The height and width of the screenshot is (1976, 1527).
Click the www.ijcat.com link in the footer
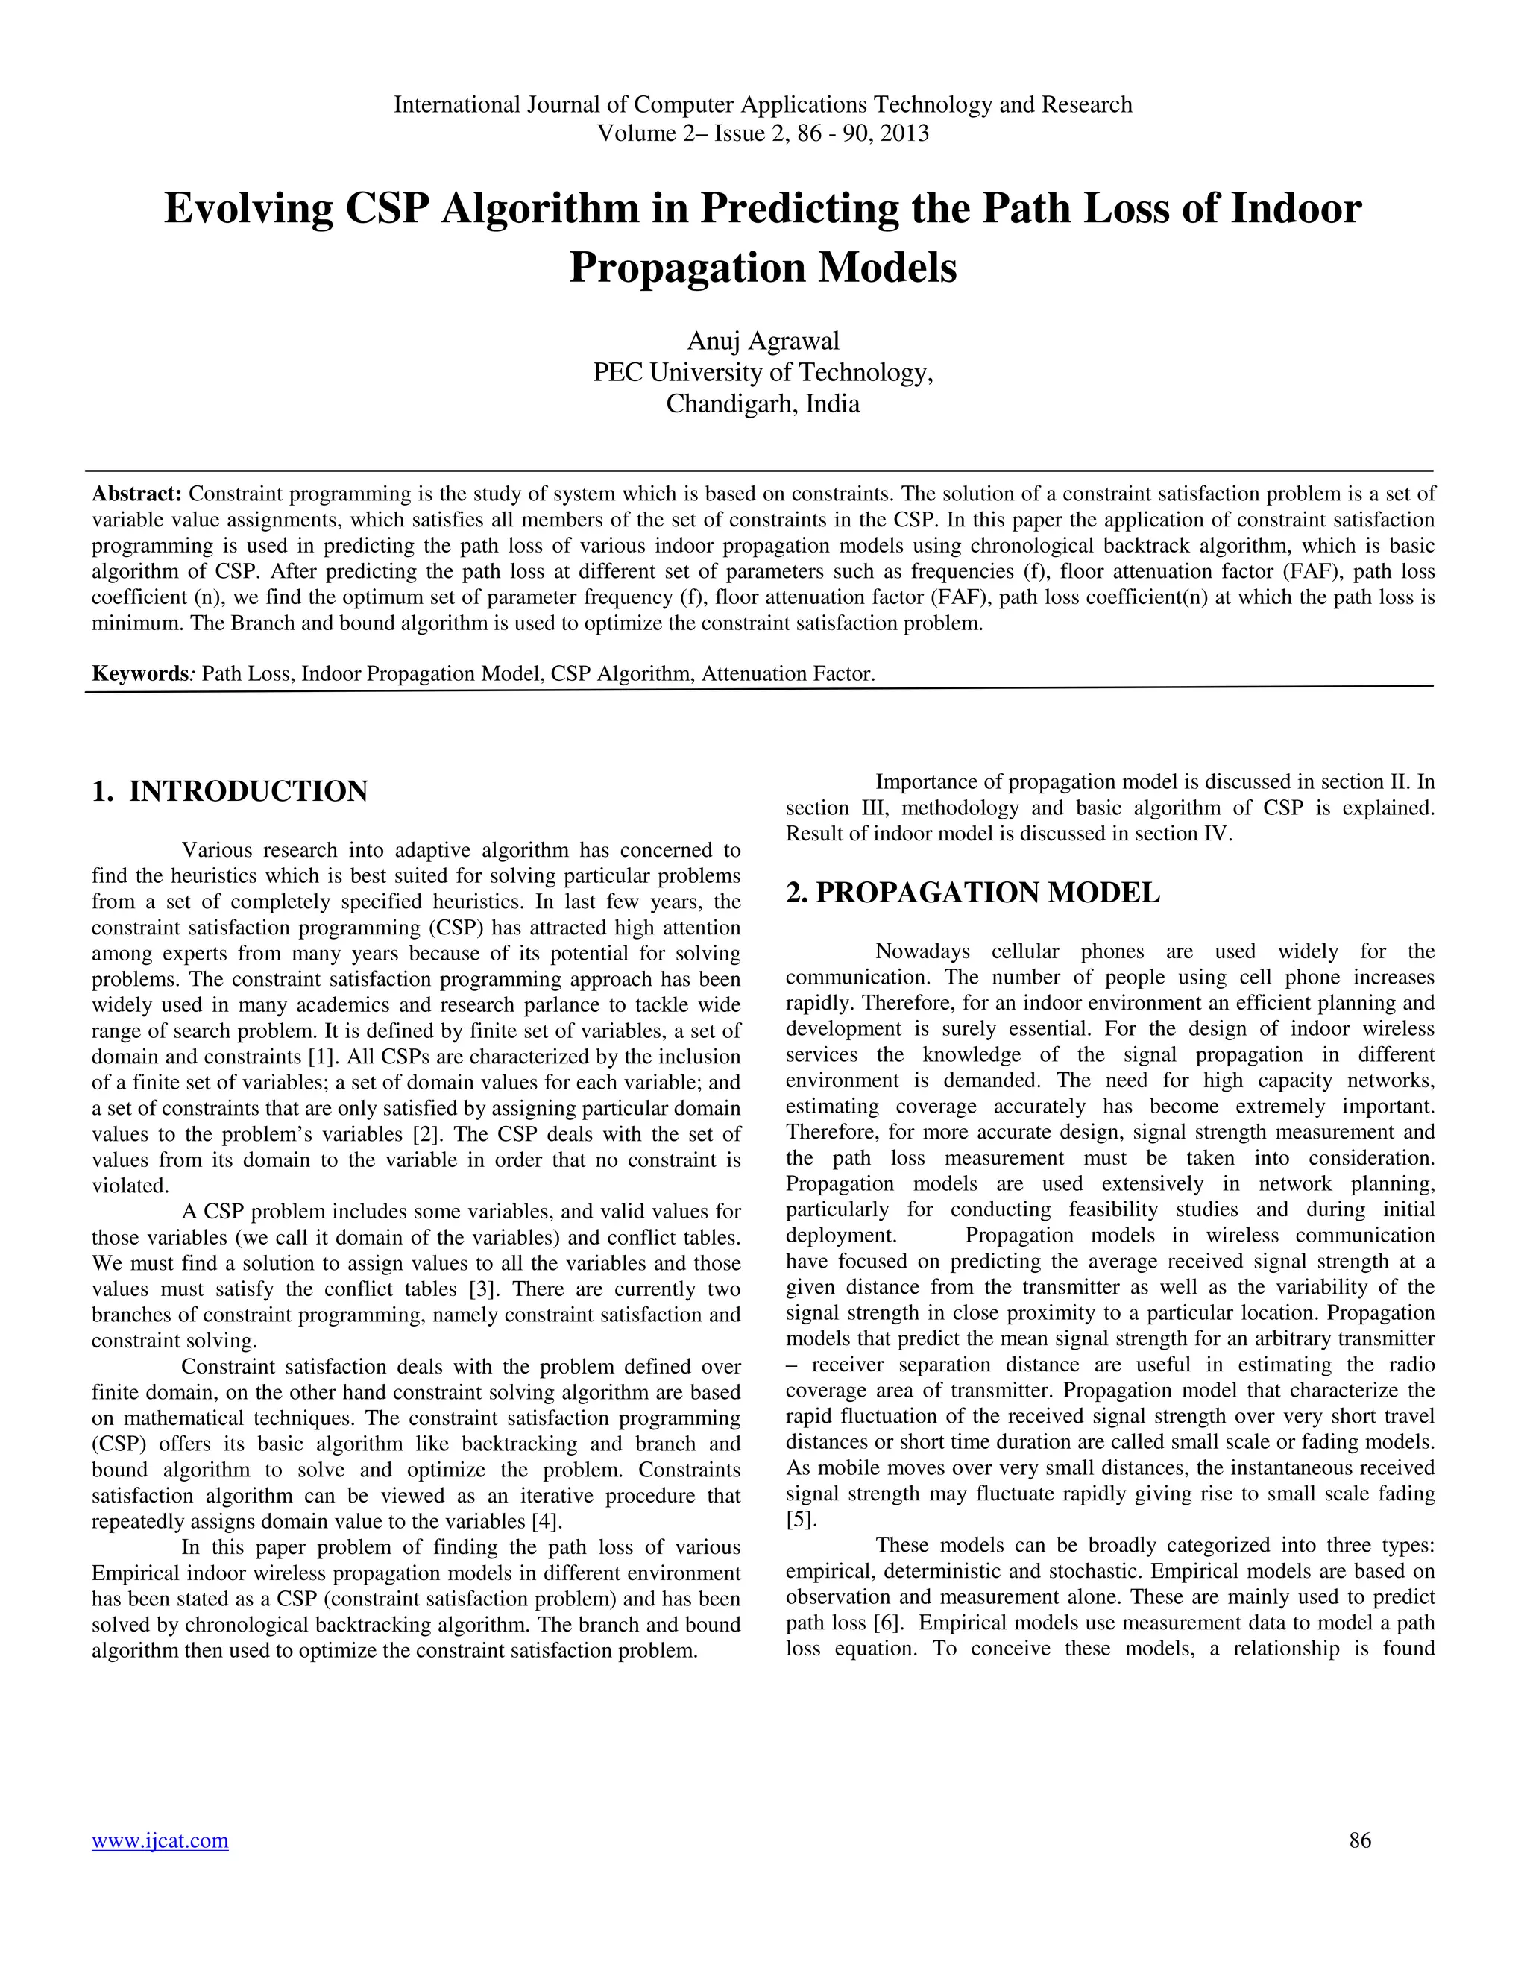click(x=160, y=1840)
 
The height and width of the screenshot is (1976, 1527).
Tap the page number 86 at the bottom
click(x=1360, y=1840)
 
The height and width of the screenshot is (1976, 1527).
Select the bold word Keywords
click(x=139, y=674)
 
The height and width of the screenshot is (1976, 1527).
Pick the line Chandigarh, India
click(x=763, y=403)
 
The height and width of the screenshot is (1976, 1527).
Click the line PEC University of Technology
click(x=763, y=372)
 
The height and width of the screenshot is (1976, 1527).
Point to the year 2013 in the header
click(x=904, y=134)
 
